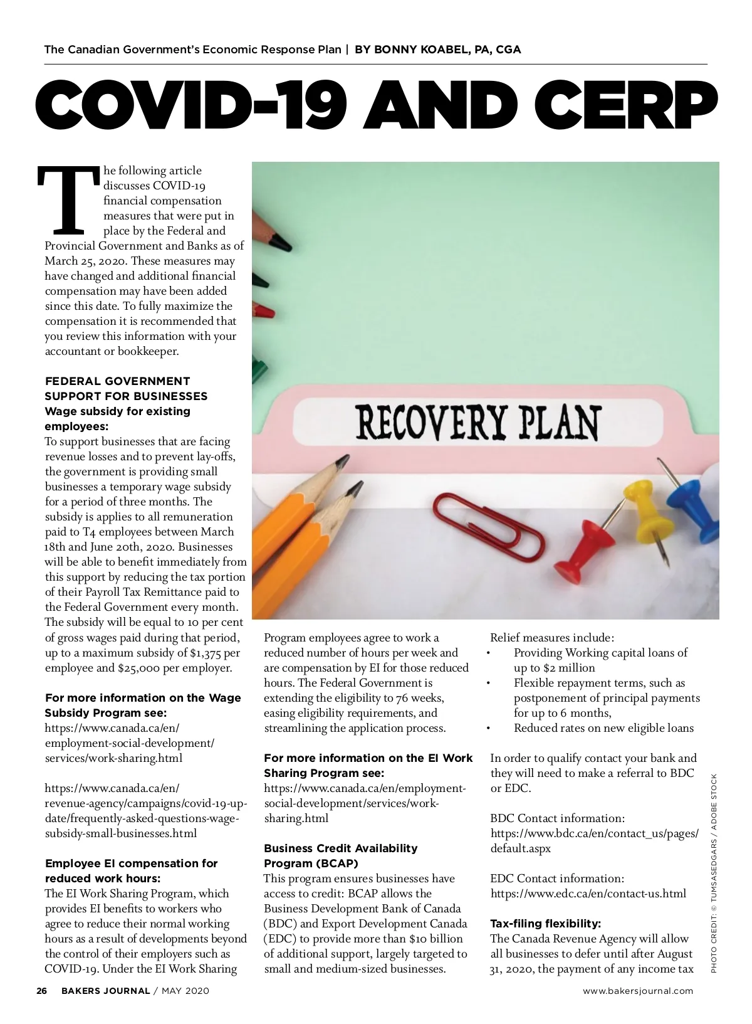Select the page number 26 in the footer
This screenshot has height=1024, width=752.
tap(42, 991)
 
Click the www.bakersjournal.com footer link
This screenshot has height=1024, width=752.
tap(638, 991)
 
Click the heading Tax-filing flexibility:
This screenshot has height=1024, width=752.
tap(545, 924)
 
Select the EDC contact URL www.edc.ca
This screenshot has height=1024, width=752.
tap(588, 894)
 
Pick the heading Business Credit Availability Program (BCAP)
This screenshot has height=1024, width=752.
tap(340, 856)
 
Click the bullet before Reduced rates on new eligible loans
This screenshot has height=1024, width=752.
tap(488, 729)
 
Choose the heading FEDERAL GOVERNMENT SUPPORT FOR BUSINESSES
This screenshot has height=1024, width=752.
tap(125, 389)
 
